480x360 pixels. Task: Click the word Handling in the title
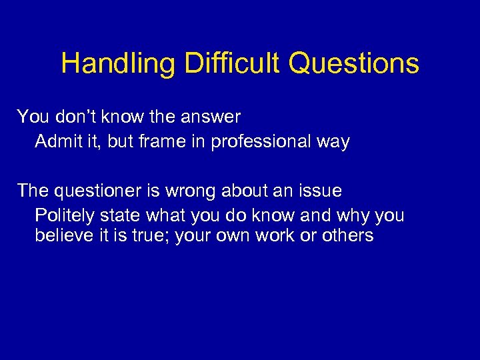[x=118, y=64]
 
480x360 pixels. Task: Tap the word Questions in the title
[x=354, y=64]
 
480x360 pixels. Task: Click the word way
[x=333, y=142]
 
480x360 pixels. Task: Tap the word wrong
[x=194, y=191]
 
